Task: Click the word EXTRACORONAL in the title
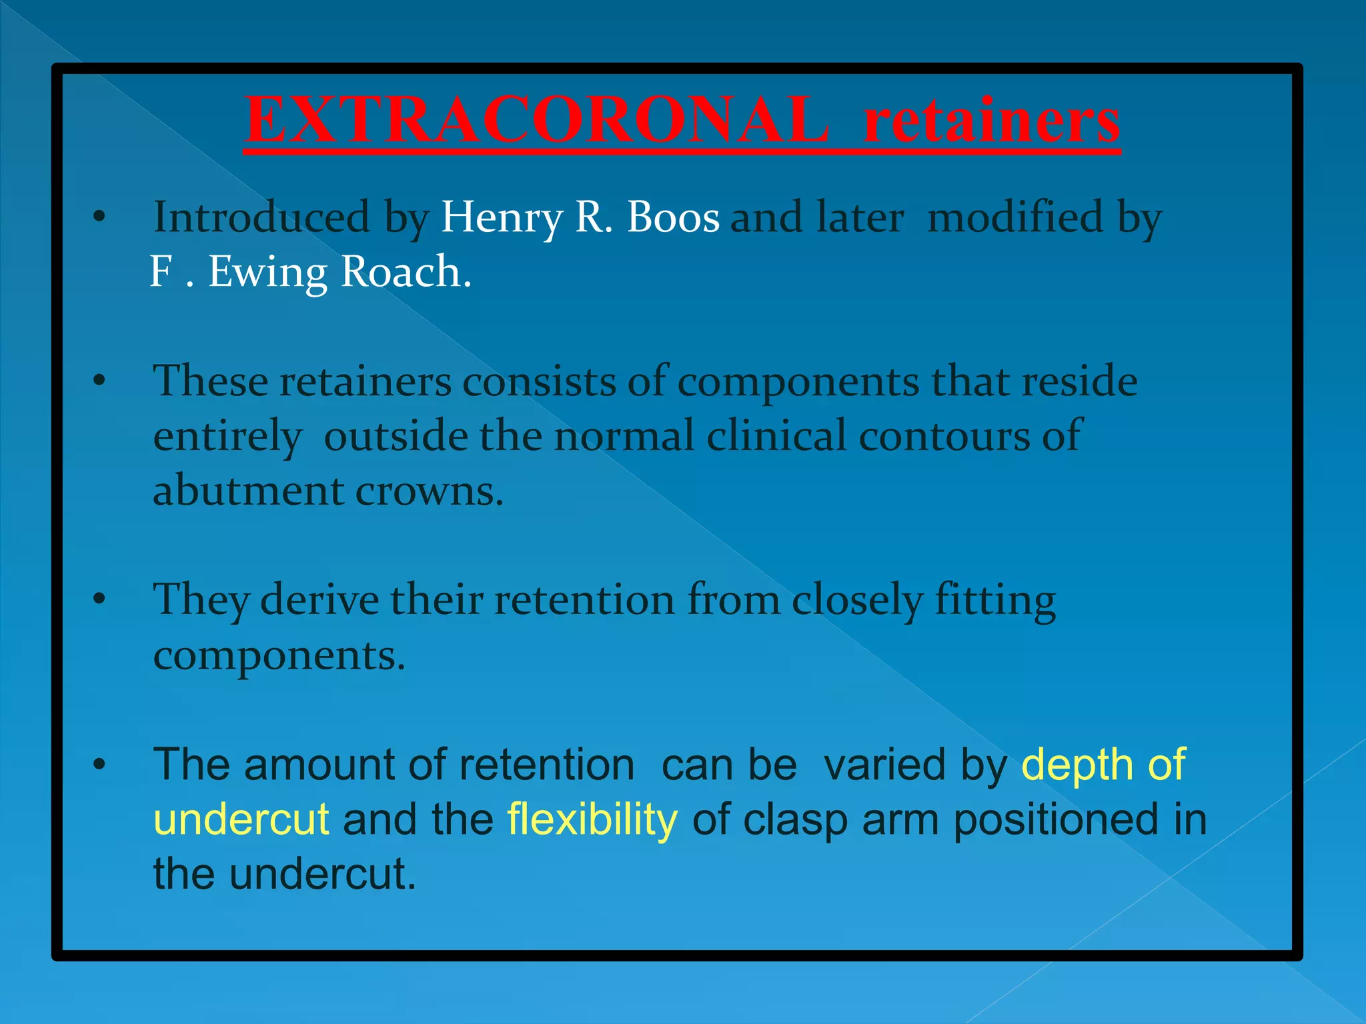click(537, 120)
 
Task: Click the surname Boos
click(674, 218)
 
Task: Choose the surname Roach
click(406, 272)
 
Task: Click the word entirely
click(227, 437)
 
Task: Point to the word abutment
click(248, 491)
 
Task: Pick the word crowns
click(429, 492)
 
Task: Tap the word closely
click(857, 599)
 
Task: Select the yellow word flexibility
click(592, 819)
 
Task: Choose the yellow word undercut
click(241, 819)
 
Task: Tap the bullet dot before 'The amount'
click(99, 765)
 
